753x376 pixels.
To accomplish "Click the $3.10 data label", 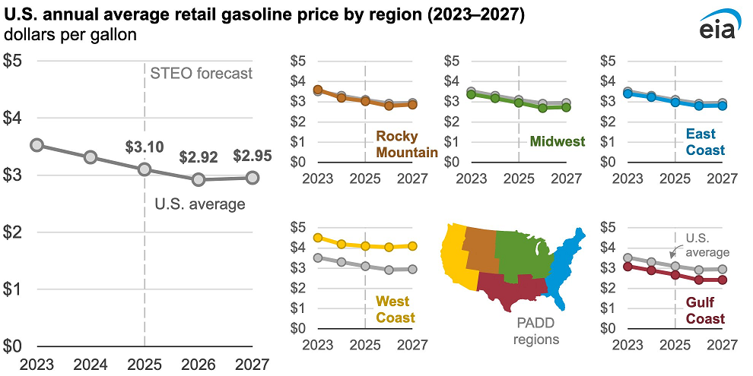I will click(144, 147).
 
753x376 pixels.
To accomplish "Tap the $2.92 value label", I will click(199, 157).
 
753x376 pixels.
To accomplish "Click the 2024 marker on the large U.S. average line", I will click(90, 157).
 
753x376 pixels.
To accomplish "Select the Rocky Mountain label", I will click(406, 144).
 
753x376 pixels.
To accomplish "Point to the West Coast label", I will click(396, 310).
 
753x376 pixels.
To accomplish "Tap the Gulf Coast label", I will click(705, 310).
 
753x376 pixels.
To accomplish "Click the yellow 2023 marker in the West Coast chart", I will click(318, 238).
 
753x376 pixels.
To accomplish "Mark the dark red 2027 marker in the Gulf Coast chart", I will click(723, 280).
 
